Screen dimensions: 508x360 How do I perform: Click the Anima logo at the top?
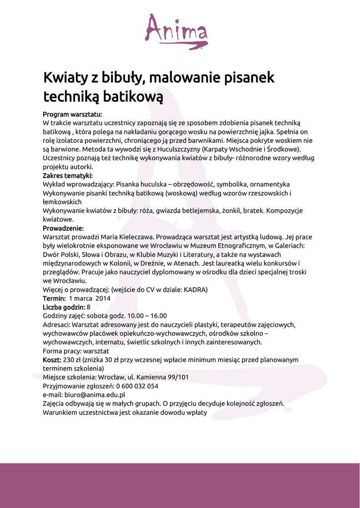coord(176,31)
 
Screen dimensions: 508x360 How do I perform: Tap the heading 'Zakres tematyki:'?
coord(68,175)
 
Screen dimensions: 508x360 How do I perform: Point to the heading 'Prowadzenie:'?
coord(63,228)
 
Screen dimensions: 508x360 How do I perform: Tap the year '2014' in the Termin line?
coord(103,299)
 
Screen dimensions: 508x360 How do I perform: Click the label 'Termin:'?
coord(54,299)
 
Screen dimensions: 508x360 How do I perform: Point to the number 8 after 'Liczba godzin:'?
coord(88,307)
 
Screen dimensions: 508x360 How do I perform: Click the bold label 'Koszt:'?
coord(52,360)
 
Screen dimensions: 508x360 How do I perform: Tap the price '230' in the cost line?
coord(70,360)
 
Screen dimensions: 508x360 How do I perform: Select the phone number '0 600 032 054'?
coord(138,386)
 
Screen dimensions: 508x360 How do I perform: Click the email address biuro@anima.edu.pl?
coord(94,395)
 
